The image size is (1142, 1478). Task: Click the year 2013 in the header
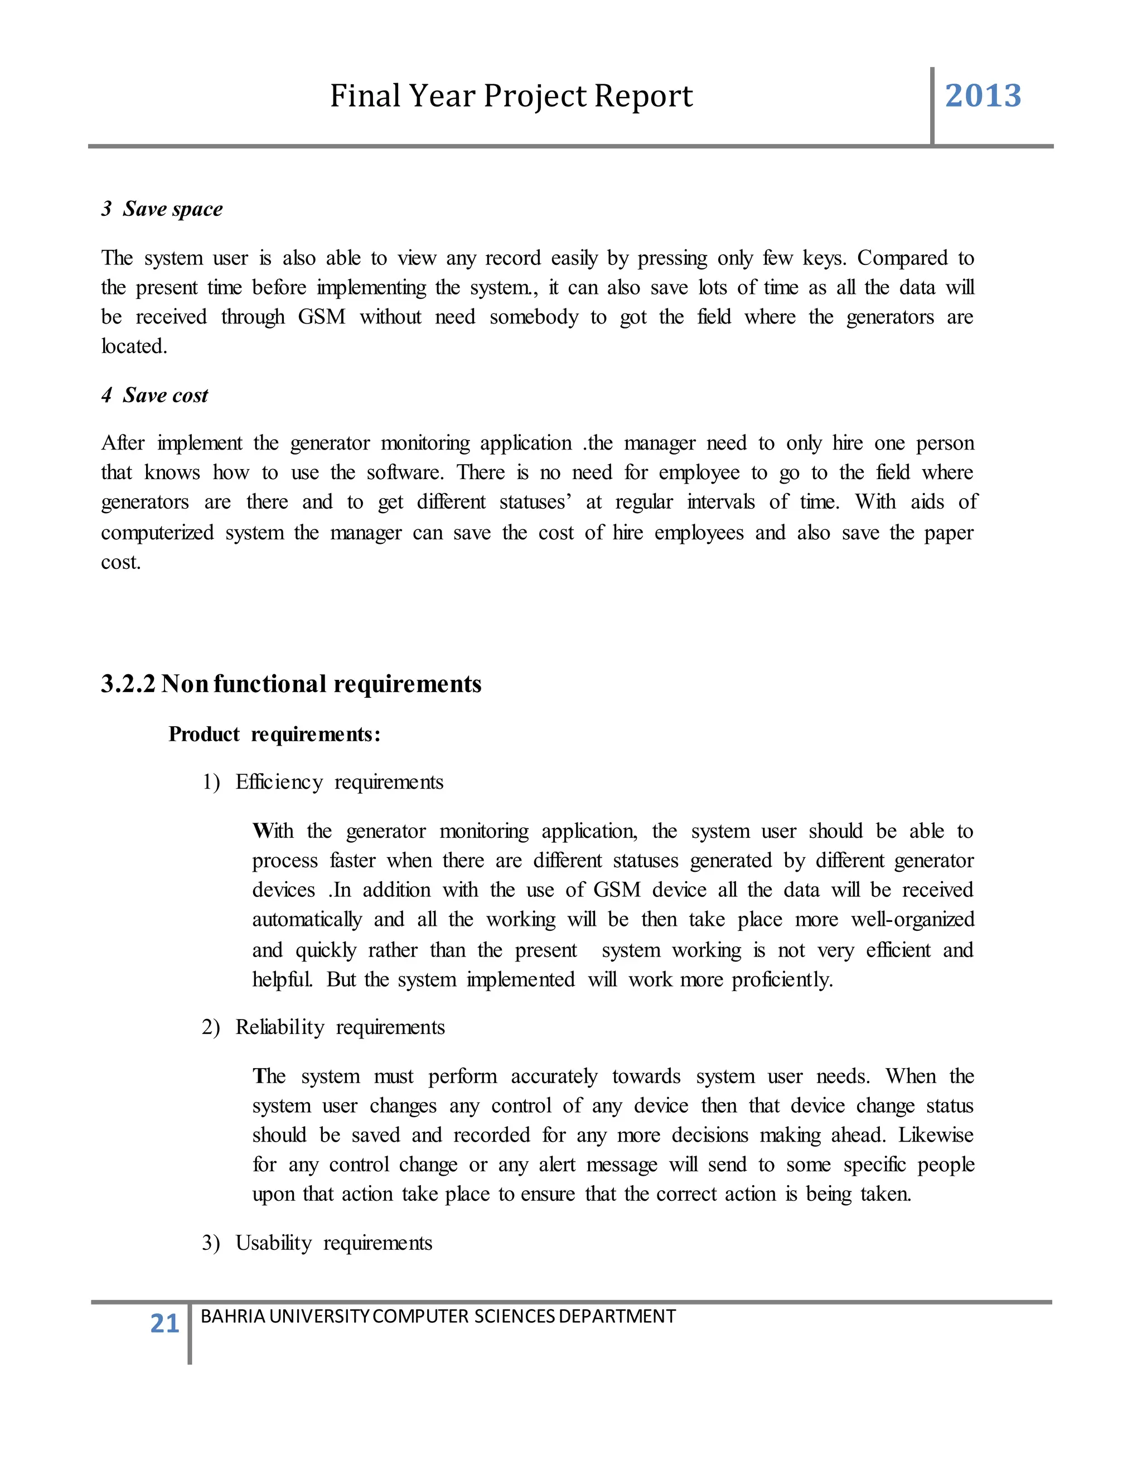pyautogui.click(x=983, y=95)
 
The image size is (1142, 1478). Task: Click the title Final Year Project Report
pyautogui.click(x=511, y=95)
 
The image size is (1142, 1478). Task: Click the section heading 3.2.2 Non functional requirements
pyautogui.click(x=291, y=684)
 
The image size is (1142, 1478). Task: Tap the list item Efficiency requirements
pyautogui.click(x=339, y=783)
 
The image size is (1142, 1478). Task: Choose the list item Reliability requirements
pyautogui.click(x=340, y=1027)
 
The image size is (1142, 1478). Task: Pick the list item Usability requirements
pyautogui.click(x=333, y=1243)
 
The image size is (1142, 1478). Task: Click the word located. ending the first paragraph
pyautogui.click(x=134, y=346)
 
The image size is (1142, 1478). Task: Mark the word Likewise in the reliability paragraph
pyautogui.click(x=936, y=1135)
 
